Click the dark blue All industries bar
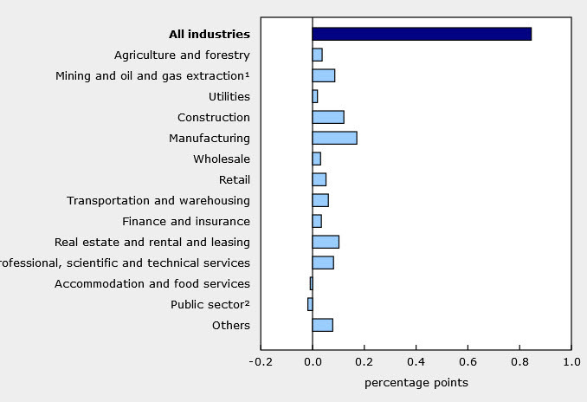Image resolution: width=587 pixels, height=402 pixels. click(x=422, y=34)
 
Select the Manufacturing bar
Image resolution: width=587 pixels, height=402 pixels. click(x=334, y=138)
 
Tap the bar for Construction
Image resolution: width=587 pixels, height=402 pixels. click(x=328, y=117)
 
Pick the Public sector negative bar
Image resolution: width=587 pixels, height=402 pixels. click(x=310, y=304)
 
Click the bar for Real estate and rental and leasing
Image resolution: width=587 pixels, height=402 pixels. click(x=326, y=242)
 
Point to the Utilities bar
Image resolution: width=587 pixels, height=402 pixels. click(x=315, y=96)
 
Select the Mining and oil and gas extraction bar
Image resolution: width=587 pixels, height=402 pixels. click(x=324, y=75)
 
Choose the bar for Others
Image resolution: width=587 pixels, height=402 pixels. click(x=322, y=325)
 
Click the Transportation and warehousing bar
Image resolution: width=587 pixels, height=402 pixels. click(x=320, y=200)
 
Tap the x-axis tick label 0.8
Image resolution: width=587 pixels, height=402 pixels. click(x=519, y=361)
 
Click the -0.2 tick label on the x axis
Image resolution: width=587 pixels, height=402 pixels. click(x=259, y=361)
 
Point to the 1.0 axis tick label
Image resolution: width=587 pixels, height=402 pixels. click(x=571, y=361)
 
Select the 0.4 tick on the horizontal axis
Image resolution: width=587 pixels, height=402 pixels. click(x=416, y=361)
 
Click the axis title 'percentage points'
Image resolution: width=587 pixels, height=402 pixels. click(x=416, y=382)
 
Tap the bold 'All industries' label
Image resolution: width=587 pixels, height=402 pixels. click(x=209, y=35)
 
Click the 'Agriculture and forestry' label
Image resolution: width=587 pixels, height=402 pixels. click(x=182, y=55)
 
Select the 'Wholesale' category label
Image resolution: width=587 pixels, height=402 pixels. click(x=222, y=159)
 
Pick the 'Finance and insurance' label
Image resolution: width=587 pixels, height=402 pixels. click(x=186, y=221)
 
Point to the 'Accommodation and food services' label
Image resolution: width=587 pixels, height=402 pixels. click(x=152, y=283)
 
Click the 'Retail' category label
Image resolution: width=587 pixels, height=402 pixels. click(x=235, y=179)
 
